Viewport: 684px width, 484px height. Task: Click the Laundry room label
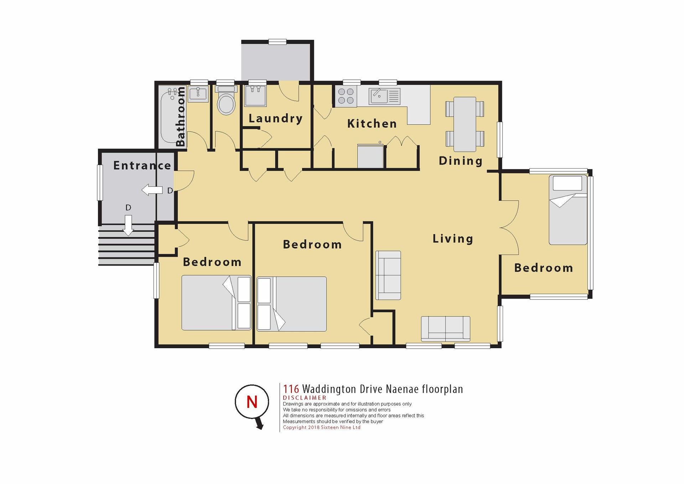pos(275,119)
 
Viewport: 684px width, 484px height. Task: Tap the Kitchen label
pos(372,124)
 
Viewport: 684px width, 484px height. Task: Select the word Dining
pos(461,161)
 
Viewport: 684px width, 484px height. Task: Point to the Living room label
pos(453,239)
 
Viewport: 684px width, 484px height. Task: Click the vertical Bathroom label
pos(181,117)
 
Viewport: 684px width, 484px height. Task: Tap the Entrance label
pos(142,165)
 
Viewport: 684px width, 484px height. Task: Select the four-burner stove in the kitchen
pos(346,96)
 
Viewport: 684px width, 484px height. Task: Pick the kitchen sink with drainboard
pos(384,96)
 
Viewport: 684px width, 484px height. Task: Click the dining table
pos(465,124)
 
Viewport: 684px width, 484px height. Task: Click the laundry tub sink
pos(255,96)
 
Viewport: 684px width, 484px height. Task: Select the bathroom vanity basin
pos(198,94)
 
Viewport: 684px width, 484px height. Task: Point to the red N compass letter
pos(252,402)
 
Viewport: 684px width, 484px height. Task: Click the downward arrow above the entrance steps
pos(128,225)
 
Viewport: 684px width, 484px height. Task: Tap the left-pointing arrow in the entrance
pos(152,190)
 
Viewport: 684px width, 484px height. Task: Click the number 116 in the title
pos(291,389)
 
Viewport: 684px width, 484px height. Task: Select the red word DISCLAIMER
pos(305,398)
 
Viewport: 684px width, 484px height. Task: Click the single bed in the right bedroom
pos(568,210)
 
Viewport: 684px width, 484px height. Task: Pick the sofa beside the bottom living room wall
pos(446,329)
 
